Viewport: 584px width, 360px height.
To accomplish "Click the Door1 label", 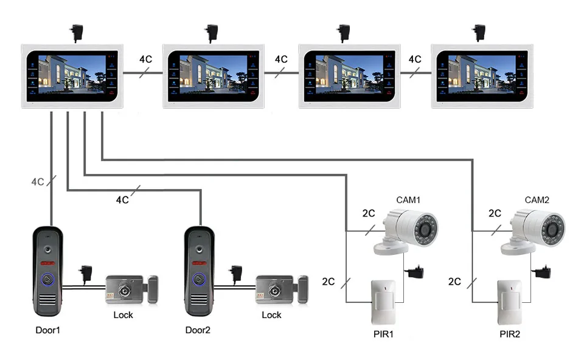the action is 47,330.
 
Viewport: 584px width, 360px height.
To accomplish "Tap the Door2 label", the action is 198,330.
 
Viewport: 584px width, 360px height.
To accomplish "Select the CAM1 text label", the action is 408,200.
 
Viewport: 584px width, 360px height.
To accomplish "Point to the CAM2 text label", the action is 537,200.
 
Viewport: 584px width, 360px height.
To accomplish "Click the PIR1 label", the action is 384,334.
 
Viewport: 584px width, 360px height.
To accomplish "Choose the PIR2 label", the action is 510,334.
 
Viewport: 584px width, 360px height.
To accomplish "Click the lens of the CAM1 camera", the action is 425,229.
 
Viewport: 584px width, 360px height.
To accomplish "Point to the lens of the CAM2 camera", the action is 552,229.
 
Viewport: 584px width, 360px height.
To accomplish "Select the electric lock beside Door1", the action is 132,289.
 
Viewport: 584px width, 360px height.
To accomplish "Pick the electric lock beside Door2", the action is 282,289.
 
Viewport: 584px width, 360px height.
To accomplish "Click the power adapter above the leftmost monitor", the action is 77,33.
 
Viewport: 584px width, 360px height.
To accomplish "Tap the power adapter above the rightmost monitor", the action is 479,33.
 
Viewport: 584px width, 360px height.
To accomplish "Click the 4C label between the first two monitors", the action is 145,59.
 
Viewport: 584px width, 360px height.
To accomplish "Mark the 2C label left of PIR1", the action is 328,282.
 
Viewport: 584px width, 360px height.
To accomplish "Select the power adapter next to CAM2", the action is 543,272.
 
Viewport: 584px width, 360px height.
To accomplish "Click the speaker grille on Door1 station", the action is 48,299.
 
